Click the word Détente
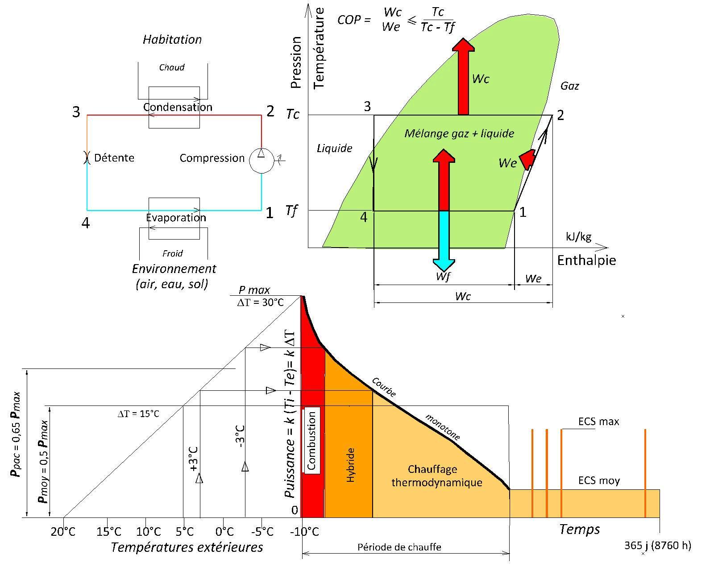pyautogui.click(x=114, y=158)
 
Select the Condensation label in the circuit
pyautogui.click(x=178, y=107)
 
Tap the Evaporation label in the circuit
pyautogui.click(x=176, y=218)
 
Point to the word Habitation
pyautogui.click(x=172, y=40)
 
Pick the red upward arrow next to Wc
pyautogui.click(x=464, y=76)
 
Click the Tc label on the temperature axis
pyautogui.click(x=293, y=115)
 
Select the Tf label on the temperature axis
pyautogui.click(x=291, y=210)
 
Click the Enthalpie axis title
pyautogui.click(x=586, y=261)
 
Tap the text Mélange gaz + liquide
pyautogui.click(x=459, y=133)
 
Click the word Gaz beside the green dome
pyautogui.click(x=570, y=86)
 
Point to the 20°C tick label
pyautogui.click(x=63, y=532)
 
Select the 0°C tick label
pyautogui.click(x=224, y=532)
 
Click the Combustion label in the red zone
pyautogui.click(x=311, y=440)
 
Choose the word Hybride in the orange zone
pyautogui.click(x=350, y=465)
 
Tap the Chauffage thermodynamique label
pyautogui.click(x=436, y=476)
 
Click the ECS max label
pyautogui.click(x=598, y=422)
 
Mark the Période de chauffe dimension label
pyautogui.click(x=399, y=547)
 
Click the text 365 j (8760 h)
pyautogui.click(x=657, y=545)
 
